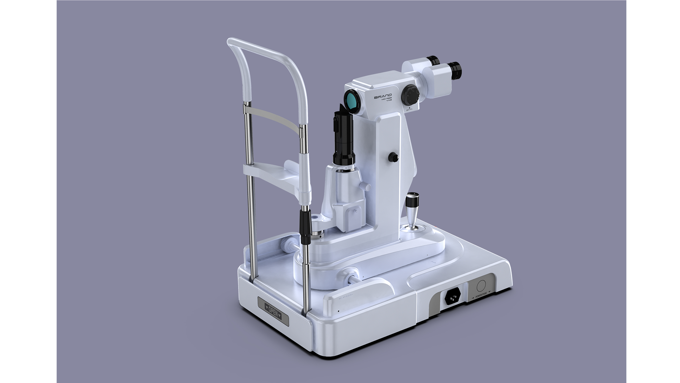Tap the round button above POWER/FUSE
tap(481, 285)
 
